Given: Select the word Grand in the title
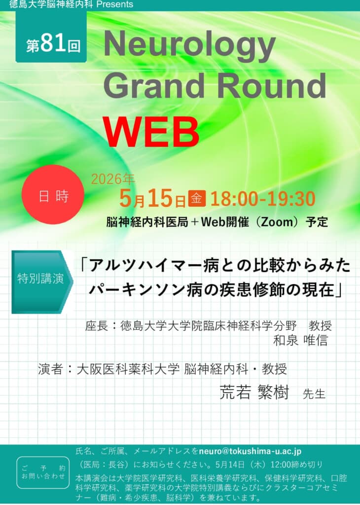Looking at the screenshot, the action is pos(154,85).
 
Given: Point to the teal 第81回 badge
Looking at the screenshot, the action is pos(51,36).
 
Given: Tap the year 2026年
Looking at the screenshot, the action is pos(113,179).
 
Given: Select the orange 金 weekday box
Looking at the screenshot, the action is pos(197,198).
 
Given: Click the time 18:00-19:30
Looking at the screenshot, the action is pos(263,199).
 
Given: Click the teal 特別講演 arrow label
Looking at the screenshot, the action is pos(42,282).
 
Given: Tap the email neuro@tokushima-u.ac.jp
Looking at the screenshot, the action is pos(250,451).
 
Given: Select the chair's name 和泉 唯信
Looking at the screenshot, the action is pos(300,340).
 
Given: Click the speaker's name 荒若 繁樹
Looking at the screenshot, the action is pos(254,392).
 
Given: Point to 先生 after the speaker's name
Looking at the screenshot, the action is pos(314,394).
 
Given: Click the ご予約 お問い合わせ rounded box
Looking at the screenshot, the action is pos(43,472).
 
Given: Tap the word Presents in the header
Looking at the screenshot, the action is pos(114,4).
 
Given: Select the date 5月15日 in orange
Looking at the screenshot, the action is pos(152,199).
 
